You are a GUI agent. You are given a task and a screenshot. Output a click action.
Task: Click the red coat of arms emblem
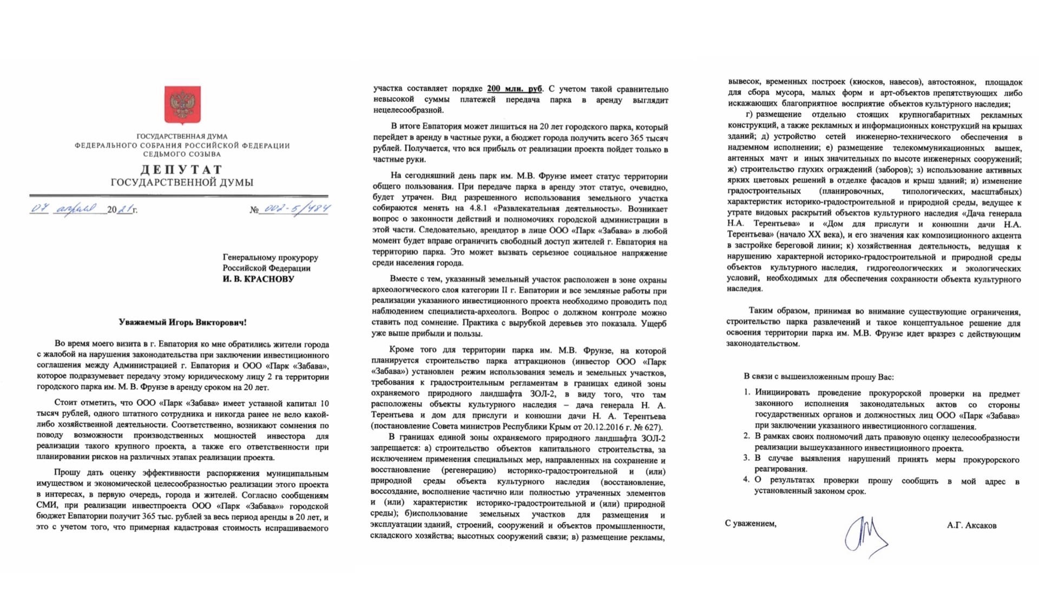coord(182,105)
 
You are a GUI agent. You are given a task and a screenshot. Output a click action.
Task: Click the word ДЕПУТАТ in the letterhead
coord(182,169)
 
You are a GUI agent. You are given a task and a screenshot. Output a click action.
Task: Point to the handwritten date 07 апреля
coord(64,208)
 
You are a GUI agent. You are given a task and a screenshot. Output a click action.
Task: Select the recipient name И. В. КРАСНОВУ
coord(258,279)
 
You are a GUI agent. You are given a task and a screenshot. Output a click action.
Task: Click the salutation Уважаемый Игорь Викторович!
coord(182,322)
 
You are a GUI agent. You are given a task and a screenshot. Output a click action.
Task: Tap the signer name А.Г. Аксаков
coord(971,525)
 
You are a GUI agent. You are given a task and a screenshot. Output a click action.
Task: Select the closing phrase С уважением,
coord(750,523)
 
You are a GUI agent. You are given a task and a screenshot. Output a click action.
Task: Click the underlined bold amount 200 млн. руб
coord(514,89)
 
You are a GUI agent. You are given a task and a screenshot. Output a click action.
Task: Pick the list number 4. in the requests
coord(746,480)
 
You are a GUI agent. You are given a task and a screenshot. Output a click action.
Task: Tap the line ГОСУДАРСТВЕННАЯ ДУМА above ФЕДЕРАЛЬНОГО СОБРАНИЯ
coord(182,136)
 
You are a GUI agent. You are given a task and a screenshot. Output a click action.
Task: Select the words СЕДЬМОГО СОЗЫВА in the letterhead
coord(182,154)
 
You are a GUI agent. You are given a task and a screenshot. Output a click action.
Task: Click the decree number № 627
coord(647,427)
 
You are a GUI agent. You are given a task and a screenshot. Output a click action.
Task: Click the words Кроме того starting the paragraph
coord(410,350)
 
